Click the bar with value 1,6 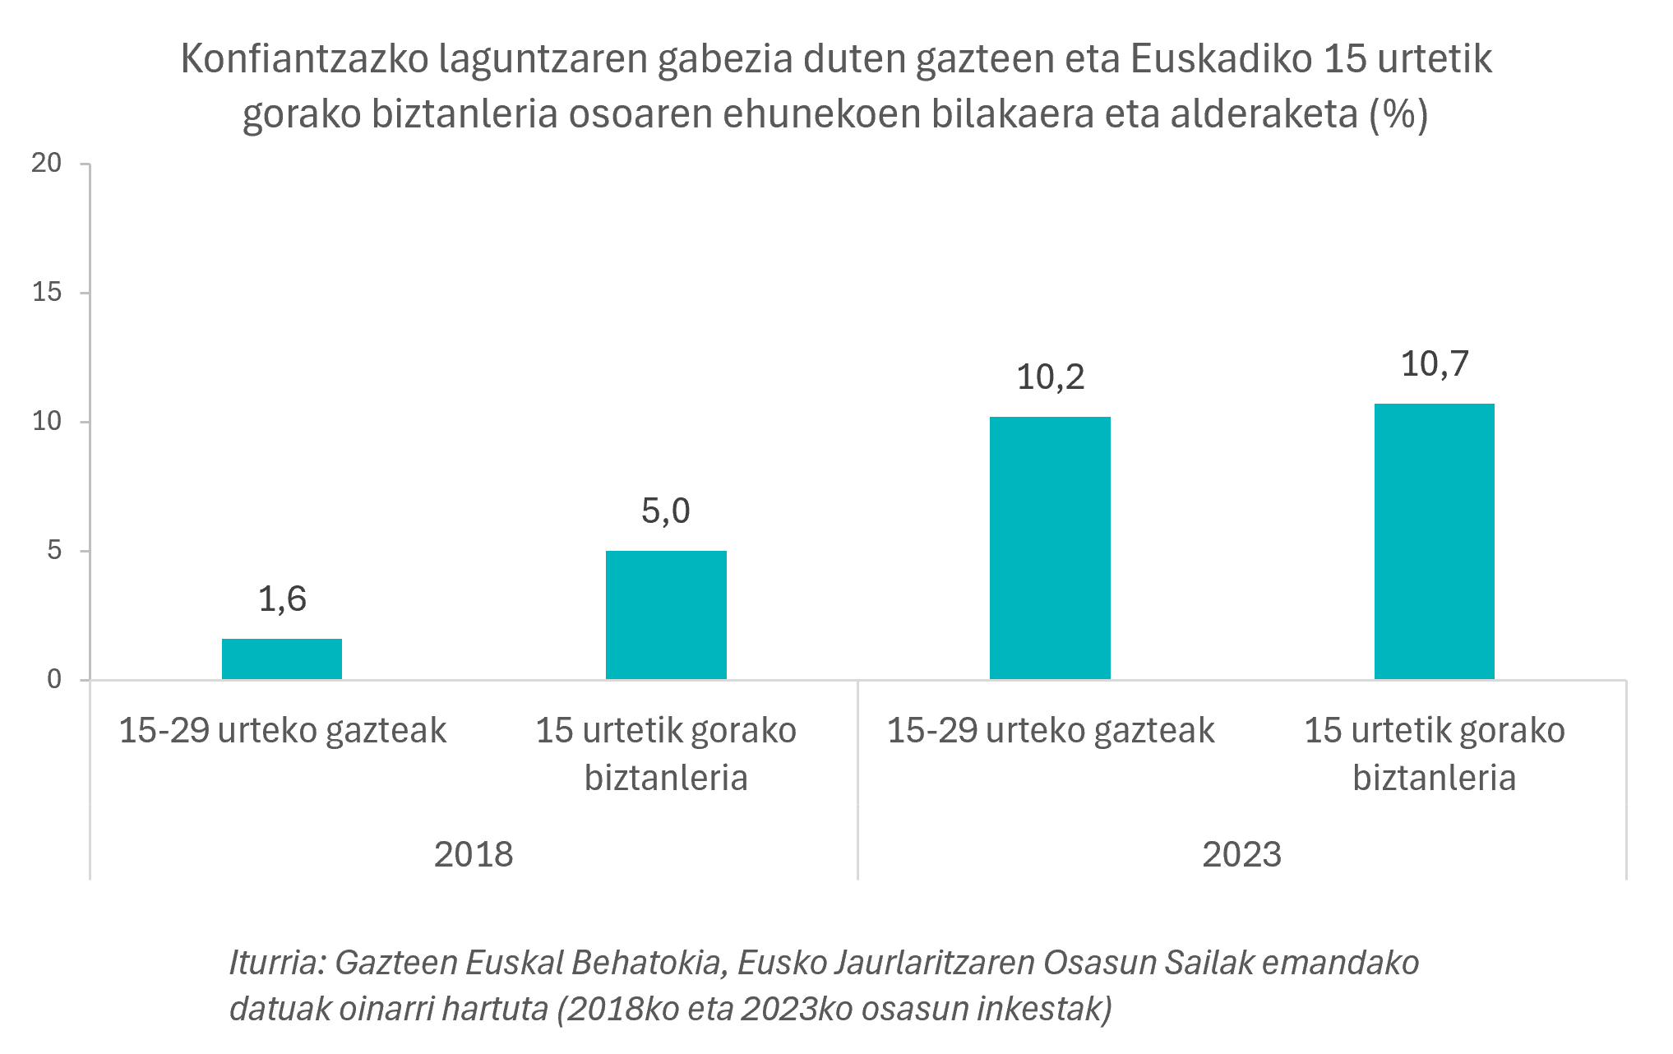click(282, 659)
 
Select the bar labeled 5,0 click(666, 614)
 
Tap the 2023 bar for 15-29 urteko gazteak click(1050, 548)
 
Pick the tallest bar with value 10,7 click(1434, 541)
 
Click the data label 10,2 click(1050, 377)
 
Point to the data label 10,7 click(1434, 364)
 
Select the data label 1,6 click(282, 599)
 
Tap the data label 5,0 click(666, 511)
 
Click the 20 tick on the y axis click(47, 164)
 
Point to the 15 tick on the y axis click(47, 293)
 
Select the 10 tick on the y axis click(47, 422)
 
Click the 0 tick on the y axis click(54, 679)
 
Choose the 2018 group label click(474, 855)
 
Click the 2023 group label click(1241, 855)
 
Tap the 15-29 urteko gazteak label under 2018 click(282, 731)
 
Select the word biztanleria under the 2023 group click(1434, 778)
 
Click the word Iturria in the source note click(276, 963)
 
